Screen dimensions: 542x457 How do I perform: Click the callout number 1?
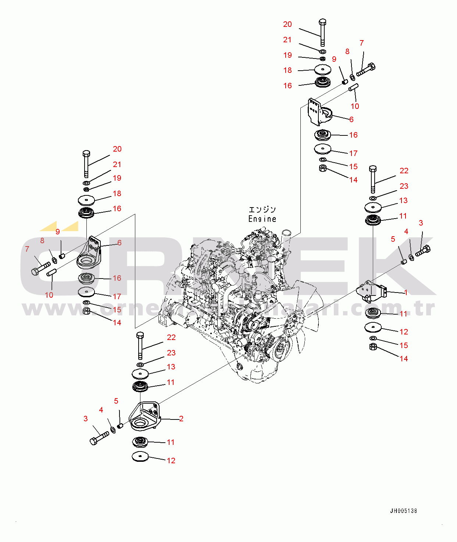pyautogui.click(x=406, y=293)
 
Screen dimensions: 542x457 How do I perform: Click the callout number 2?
pyautogui.click(x=181, y=418)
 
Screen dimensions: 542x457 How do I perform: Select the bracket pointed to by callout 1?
pyautogui.click(x=371, y=291)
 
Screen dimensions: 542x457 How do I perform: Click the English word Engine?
pyautogui.click(x=262, y=219)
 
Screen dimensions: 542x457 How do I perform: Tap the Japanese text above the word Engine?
pyautogui.click(x=262, y=209)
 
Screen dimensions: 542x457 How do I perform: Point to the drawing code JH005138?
pyautogui.click(x=403, y=511)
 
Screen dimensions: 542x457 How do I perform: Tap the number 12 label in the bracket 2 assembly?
pyautogui.click(x=171, y=460)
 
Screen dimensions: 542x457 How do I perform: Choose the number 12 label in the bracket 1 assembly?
pyautogui.click(x=404, y=332)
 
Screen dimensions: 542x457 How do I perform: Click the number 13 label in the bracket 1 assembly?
pyautogui.click(x=403, y=201)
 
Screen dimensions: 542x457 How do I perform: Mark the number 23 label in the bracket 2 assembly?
pyautogui.click(x=171, y=353)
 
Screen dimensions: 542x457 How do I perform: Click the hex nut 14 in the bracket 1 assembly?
pyautogui.click(x=372, y=347)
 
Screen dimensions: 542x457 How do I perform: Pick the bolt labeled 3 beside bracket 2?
pyautogui.click(x=99, y=438)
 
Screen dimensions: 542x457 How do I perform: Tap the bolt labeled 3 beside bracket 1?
pyautogui.click(x=423, y=252)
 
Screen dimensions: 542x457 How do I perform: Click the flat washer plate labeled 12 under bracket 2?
pyautogui.click(x=140, y=456)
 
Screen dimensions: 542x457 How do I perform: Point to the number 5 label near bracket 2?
pyautogui.click(x=116, y=401)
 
